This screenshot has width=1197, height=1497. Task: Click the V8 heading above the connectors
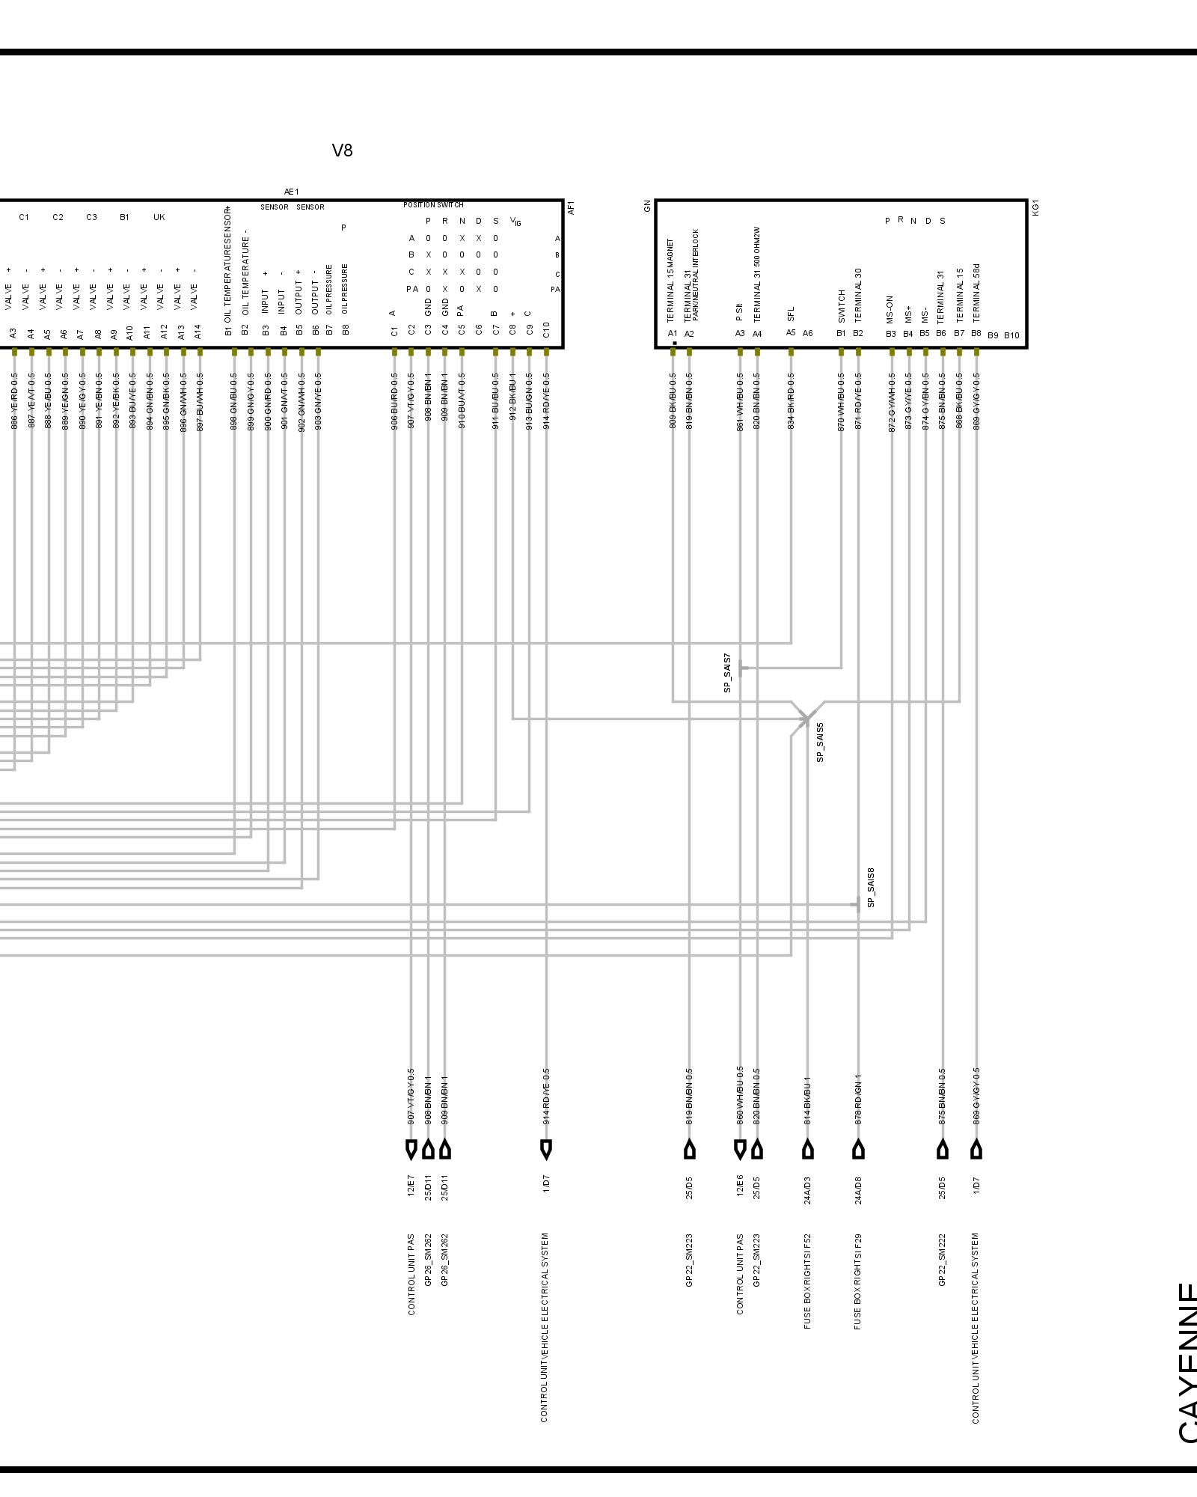(342, 150)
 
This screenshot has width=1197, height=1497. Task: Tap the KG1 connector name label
(1036, 207)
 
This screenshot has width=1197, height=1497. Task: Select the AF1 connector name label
(572, 207)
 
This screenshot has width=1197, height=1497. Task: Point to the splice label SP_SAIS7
(727, 671)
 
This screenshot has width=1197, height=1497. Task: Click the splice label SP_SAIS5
(820, 742)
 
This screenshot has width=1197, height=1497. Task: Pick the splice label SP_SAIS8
(871, 888)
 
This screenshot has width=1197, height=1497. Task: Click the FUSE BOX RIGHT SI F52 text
(807, 1281)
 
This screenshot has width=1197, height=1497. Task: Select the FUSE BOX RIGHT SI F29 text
(857, 1281)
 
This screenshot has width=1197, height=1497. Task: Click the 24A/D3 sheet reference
(807, 1189)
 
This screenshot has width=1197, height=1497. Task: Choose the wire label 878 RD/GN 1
(858, 1100)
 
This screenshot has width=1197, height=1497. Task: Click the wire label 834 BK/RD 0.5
(791, 401)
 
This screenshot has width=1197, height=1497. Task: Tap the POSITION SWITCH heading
(433, 204)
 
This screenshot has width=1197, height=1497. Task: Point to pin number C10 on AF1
(546, 329)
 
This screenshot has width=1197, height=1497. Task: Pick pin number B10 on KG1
(1011, 335)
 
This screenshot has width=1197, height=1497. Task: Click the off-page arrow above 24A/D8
(858, 1149)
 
